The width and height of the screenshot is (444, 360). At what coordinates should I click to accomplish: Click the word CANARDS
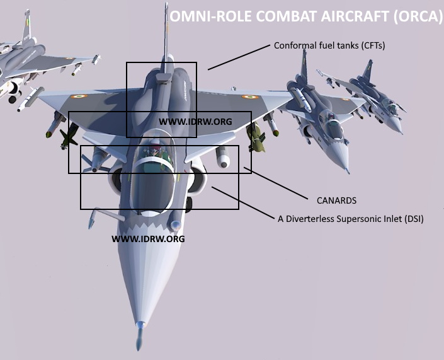click(336, 200)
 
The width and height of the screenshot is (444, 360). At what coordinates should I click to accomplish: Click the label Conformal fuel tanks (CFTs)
click(329, 45)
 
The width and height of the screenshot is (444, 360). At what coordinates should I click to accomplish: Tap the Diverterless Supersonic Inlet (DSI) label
click(351, 219)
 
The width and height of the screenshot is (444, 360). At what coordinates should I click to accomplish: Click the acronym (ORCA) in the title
click(418, 16)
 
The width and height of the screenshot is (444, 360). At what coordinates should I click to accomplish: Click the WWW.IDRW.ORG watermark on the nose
click(148, 239)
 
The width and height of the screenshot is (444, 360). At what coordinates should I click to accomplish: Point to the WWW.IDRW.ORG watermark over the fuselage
click(195, 122)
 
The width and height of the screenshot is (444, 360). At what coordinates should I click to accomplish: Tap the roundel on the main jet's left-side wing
click(79, 96)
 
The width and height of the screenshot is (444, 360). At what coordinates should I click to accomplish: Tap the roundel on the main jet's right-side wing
click(250, 97)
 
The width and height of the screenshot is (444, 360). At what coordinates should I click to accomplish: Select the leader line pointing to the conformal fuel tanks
click(239, 57)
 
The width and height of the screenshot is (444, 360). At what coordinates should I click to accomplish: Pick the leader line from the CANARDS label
click(275, 183)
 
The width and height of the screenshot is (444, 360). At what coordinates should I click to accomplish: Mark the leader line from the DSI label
click(243, 203)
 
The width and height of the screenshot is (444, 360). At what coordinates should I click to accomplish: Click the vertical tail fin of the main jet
click(166, 37)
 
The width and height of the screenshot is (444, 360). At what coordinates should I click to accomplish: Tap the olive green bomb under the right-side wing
click(256, 137)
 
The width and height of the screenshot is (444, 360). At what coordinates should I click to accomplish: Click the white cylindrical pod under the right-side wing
click(222, 157)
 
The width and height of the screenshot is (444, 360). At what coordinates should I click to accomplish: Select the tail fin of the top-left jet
click(26, 25)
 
